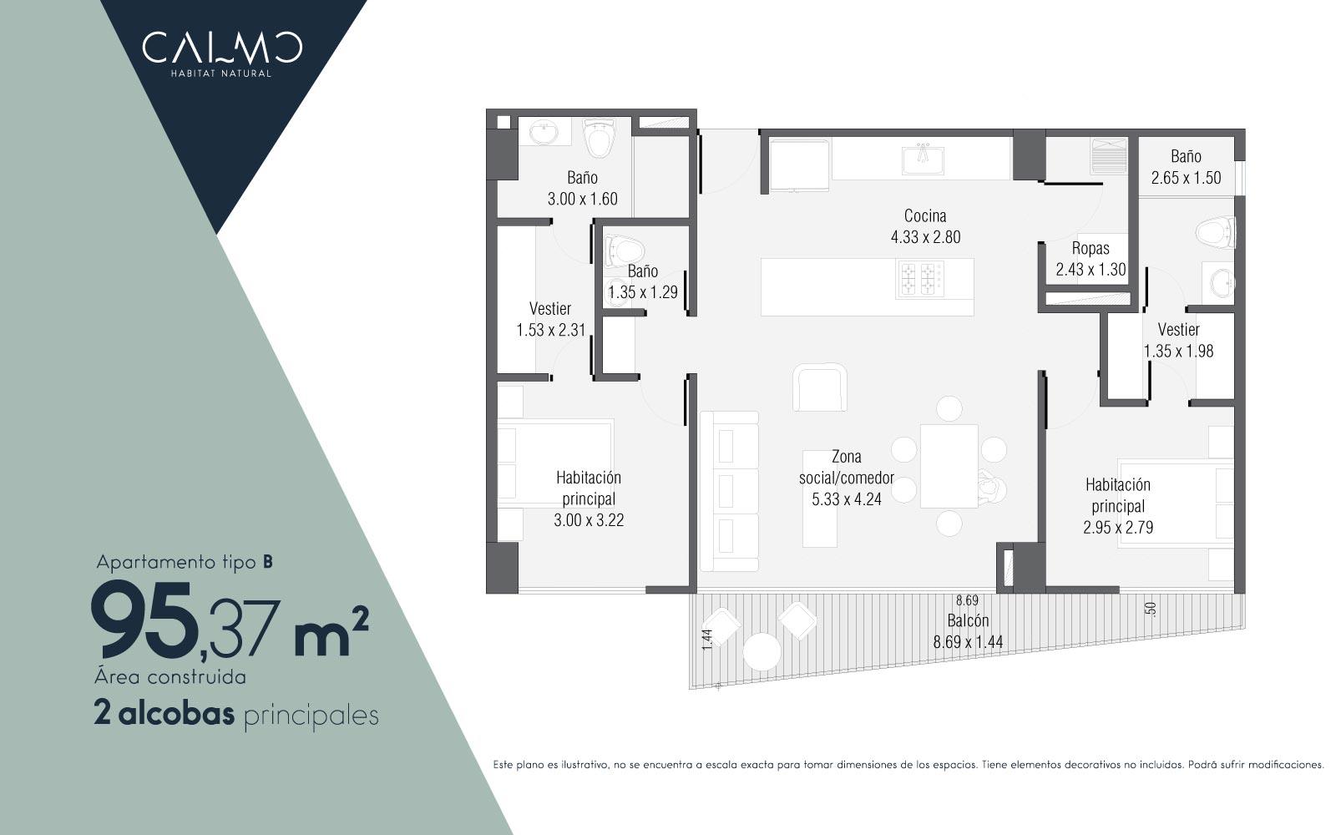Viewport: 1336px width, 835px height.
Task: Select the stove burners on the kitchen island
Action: coord(918,279)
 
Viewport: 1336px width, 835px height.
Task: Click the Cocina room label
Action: coord(925,216)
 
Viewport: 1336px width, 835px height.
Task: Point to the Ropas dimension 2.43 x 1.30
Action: coord(1091,270)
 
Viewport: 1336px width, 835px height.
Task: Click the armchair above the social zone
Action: coord(819,387)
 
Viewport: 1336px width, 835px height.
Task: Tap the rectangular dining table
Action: coord(949,466)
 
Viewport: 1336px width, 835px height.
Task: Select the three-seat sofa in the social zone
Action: coord(729,491)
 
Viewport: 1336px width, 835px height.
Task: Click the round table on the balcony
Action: coord(762,651)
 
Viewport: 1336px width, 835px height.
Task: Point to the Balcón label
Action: coord(968,620)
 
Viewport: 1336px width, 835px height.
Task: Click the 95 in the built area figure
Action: coord(143,620)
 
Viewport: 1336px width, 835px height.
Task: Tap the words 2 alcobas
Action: coord(164,714)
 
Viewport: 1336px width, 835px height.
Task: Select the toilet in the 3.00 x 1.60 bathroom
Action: coord(598,138)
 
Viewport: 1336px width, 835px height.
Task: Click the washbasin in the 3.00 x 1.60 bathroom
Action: coord(544,132)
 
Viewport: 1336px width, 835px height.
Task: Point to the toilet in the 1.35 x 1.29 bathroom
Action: coord(623,250)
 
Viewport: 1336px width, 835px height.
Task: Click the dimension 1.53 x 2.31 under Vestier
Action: coord(550,330)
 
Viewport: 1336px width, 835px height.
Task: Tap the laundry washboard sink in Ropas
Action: coord(1108,155)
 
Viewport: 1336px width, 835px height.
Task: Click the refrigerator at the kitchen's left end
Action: coord(799,164)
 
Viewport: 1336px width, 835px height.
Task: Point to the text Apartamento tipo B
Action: coord(185,563)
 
